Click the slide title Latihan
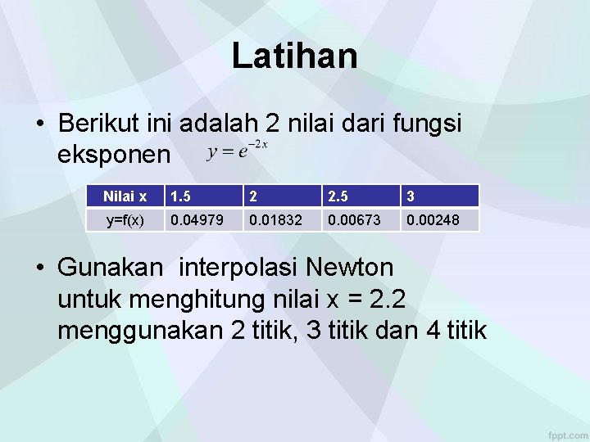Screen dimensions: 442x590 (x=294, y=56)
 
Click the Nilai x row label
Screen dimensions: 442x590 (x=125, y=196)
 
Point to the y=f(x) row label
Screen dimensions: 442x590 (x=125, y=219)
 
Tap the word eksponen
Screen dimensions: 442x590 (x=115, y=153)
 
